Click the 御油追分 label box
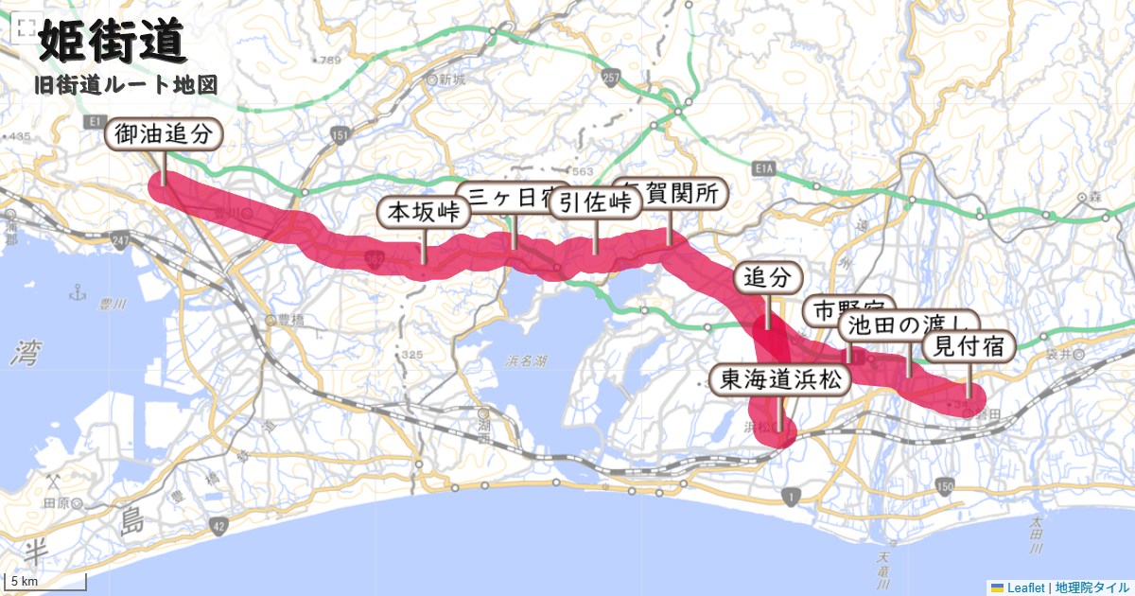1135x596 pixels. [164, 134]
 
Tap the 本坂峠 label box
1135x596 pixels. [424, 212]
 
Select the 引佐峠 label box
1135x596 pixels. [594, 202]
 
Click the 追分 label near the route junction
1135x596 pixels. [767, 278]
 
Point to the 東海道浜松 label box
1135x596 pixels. [780, 380]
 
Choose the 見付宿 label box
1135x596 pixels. [968, 347]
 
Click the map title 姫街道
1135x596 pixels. [111, 44]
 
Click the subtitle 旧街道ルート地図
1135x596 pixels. [126, 85]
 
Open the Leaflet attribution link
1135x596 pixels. [1025, 587]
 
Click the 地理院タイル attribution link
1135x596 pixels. [1091, 587]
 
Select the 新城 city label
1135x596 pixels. [452, 80]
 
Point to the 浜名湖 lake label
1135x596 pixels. [528, 361]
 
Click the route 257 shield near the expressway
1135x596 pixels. [609, 76]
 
